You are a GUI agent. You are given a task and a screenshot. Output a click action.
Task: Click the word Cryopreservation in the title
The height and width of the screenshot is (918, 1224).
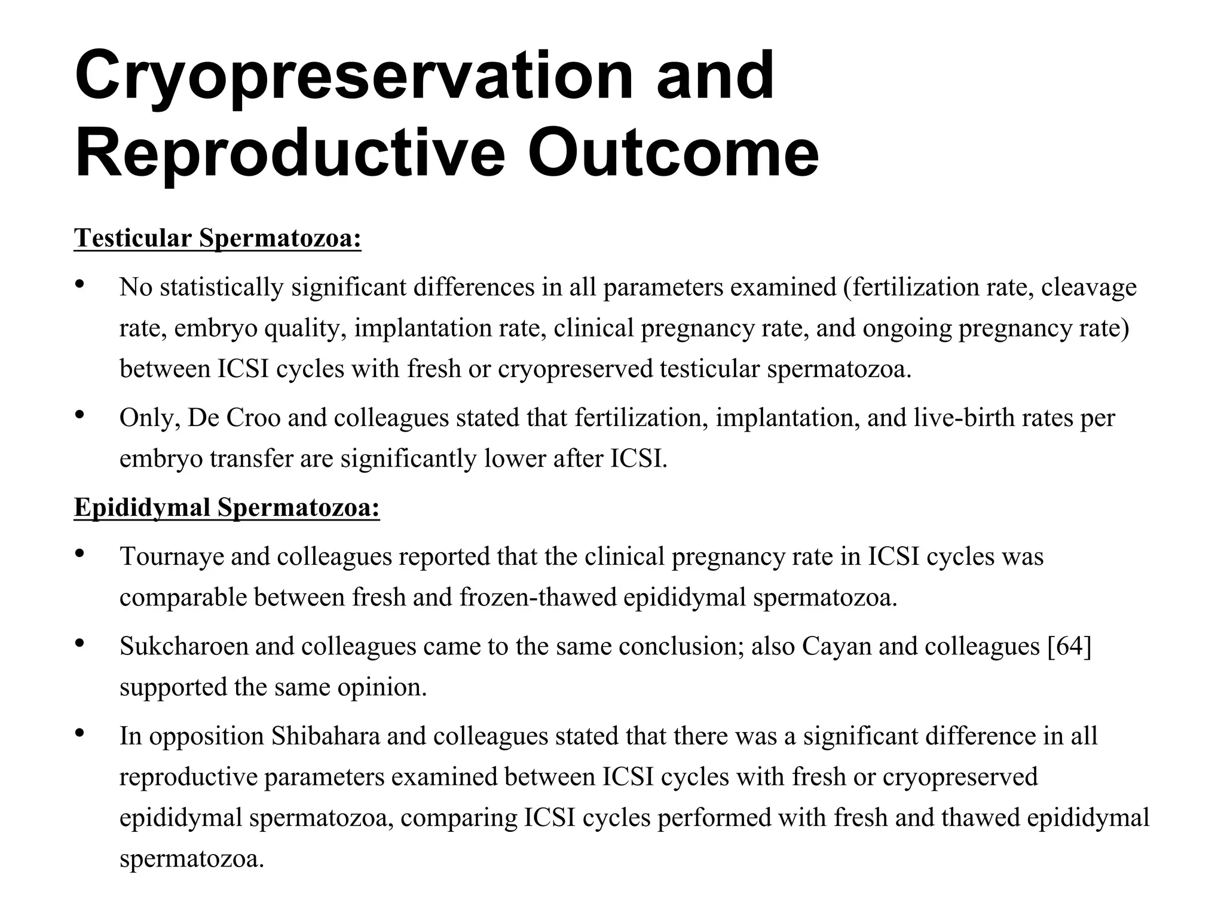point(353,76)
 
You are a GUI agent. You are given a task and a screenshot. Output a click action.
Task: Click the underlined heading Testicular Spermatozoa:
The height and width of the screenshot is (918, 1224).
point(218,238)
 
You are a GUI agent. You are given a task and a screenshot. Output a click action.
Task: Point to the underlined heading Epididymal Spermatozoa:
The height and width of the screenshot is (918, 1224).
point(227,507)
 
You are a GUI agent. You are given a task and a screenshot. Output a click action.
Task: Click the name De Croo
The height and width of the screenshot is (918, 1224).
point(234,418)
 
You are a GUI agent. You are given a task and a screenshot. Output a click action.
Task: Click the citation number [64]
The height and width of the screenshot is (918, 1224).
point(1069,646)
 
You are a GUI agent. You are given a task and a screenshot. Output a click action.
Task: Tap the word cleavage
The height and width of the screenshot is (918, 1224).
point(1088,287)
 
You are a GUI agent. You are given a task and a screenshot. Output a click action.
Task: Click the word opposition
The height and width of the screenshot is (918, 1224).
point(206,736)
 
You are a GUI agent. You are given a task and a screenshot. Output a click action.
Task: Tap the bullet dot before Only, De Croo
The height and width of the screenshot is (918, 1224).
point(79,414)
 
